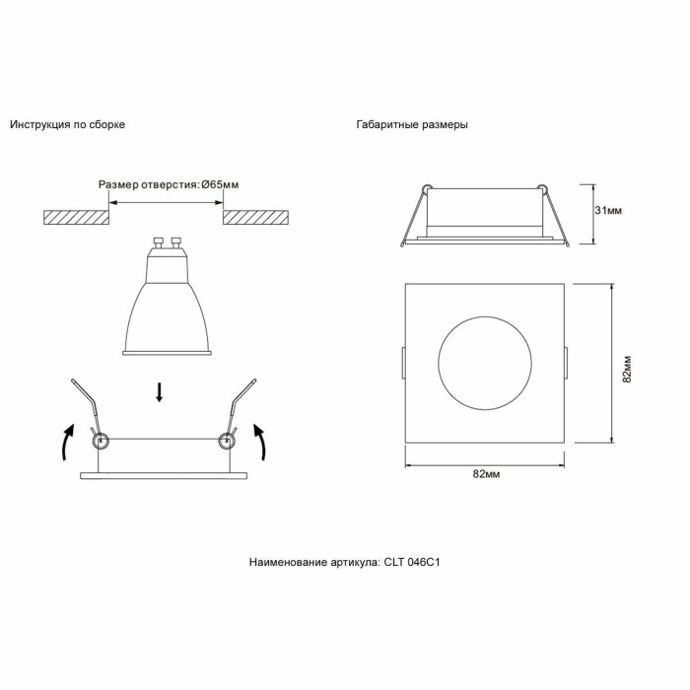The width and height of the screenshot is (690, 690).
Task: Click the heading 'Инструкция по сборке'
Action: click(x=67, y=125)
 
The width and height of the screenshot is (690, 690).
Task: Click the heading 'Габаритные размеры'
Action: click(x=412, y=125)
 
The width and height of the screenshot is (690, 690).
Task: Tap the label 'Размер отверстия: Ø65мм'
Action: click(x=169, y=185)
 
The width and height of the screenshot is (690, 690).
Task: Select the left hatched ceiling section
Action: click(x=75, y=217)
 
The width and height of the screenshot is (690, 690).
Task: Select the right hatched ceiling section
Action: click(x=256, y=217)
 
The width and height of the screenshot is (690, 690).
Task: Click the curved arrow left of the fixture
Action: click(x=65, y=443)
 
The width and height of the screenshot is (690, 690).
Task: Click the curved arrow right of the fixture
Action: click(x=261, y=443)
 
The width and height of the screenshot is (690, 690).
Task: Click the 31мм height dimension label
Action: click(x=608, y=212)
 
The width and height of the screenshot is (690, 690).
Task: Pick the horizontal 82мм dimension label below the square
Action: click(x=486, y=474)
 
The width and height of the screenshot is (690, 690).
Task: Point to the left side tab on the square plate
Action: click(x=403, y=363)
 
